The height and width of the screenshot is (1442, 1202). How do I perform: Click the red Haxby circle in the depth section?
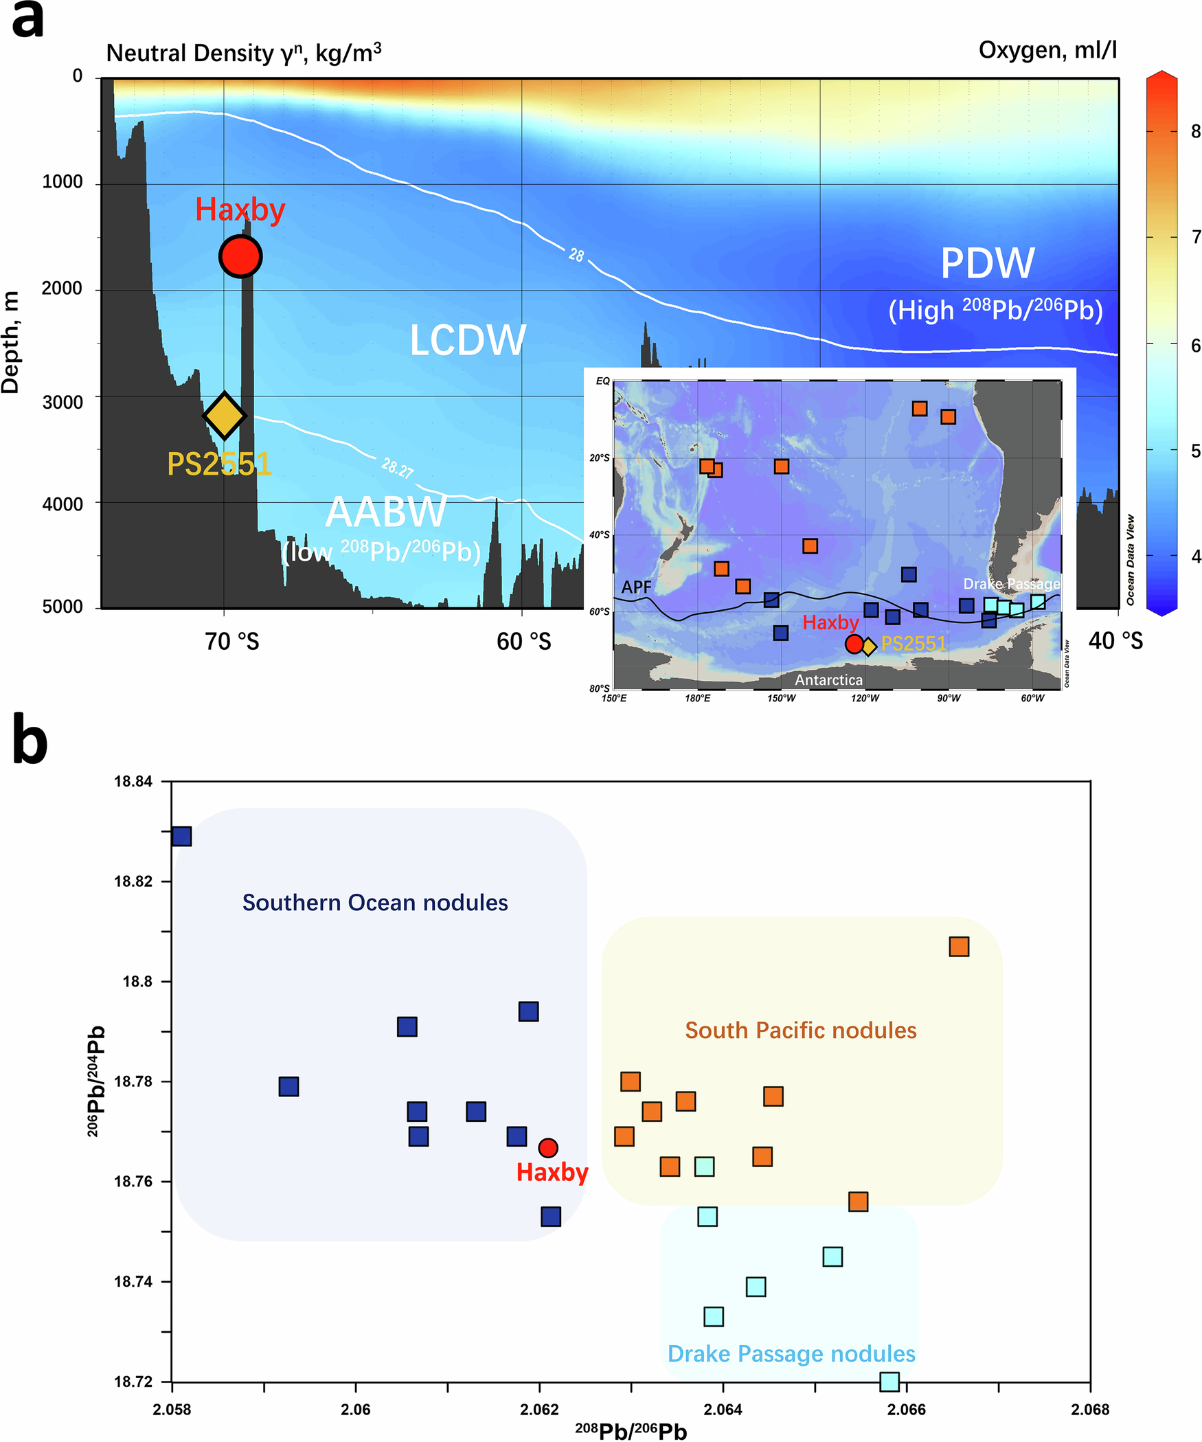[240, 256]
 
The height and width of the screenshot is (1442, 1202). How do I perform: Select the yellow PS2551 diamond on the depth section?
[224, 416]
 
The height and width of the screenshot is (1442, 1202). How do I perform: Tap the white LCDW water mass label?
[468, 341]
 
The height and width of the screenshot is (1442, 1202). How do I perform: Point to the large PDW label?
[987, 264]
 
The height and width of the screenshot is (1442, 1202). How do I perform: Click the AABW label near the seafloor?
[386, 512]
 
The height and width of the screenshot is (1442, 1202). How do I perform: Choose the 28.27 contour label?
[397, 469]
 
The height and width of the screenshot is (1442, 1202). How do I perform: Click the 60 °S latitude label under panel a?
[523, 642]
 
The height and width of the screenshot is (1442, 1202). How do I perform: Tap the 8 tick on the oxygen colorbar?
[1195, 132]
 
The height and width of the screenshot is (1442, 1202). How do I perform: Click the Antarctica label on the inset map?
[828, 679]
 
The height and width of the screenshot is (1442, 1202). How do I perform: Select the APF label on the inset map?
[636, 587]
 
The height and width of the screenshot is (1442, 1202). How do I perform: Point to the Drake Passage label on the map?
[1011, 584]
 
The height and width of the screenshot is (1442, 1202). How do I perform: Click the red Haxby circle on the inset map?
[854, 644]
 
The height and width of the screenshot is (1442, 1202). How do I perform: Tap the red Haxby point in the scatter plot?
[547, 1147]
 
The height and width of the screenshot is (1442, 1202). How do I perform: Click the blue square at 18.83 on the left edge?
[181, 836]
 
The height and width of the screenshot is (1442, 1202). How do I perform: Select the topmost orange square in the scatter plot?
[959, 947]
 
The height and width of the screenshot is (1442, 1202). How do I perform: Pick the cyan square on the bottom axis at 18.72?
[889, 1382]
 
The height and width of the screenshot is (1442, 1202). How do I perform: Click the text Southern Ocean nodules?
[375, 902]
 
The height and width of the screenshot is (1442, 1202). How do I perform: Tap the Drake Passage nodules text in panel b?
[791, 1353]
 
